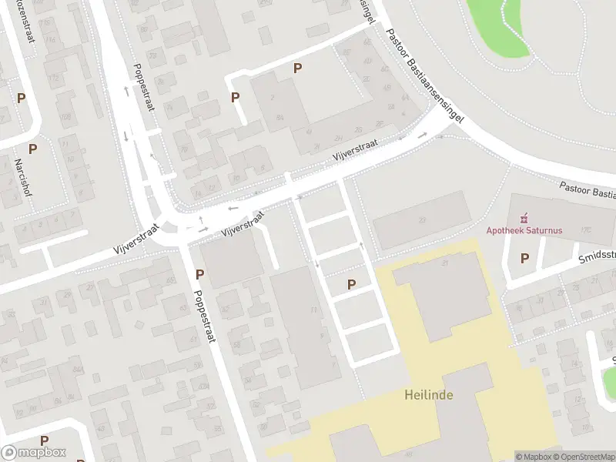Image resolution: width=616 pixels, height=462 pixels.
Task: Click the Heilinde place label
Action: [428, 395]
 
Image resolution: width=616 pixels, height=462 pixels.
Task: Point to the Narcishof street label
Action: [22, 178]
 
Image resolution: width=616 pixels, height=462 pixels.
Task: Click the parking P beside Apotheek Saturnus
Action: [525, 258]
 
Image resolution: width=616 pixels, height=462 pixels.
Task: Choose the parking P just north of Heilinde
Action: [352, 284]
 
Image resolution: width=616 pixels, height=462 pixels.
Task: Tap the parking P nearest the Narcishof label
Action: [33, 149]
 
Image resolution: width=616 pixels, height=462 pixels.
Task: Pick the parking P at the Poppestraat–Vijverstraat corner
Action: [200, 273]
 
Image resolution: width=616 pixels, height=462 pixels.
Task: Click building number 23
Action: [422, 221]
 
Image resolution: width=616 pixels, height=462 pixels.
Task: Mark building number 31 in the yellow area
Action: [446, 263]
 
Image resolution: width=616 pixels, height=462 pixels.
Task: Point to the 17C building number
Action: [587, 229]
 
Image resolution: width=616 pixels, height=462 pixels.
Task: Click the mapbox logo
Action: [33, 453]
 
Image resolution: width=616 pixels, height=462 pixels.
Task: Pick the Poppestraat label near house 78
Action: [145, 87]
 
